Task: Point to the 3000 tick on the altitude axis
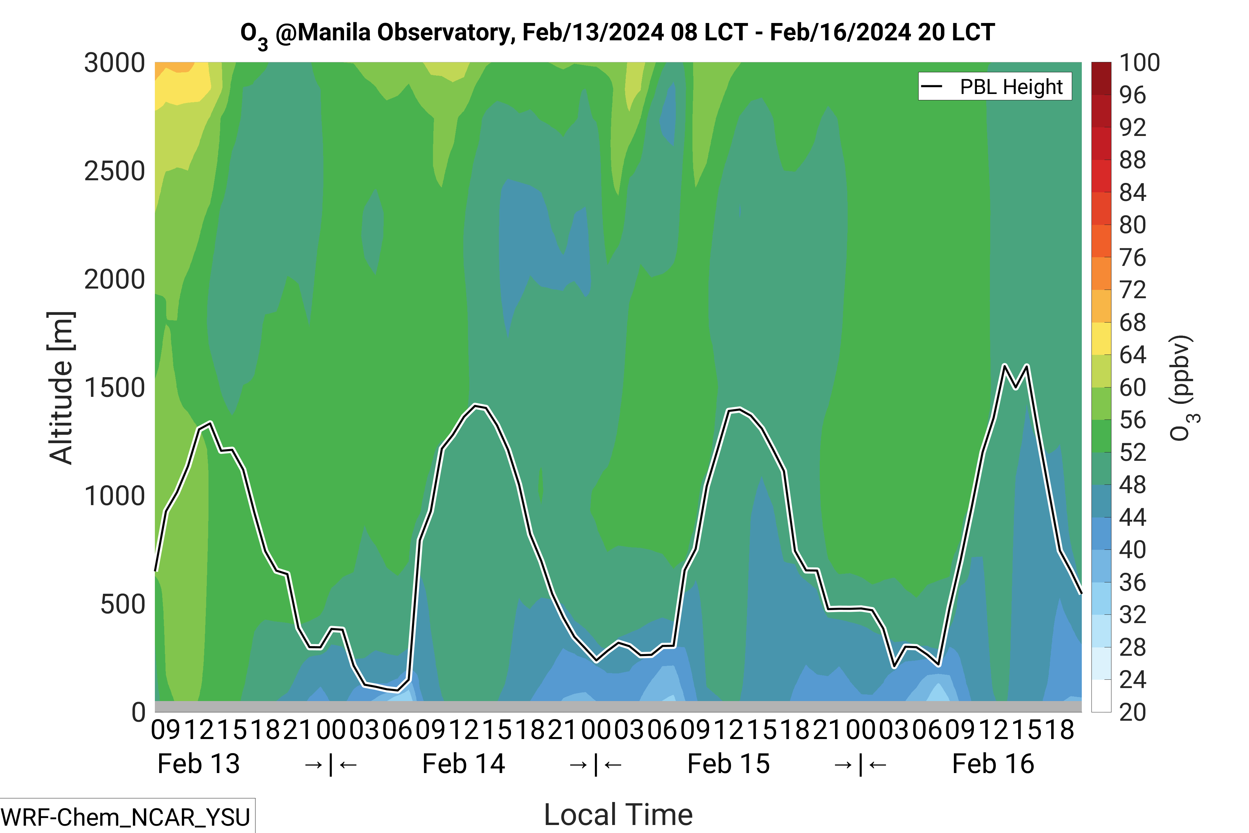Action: [114, 63]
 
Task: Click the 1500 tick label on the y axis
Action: [114, 388]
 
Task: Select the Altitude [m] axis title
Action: [61, 388]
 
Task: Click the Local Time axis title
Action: [618, 814]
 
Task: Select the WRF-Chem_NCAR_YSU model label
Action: [126, 817]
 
